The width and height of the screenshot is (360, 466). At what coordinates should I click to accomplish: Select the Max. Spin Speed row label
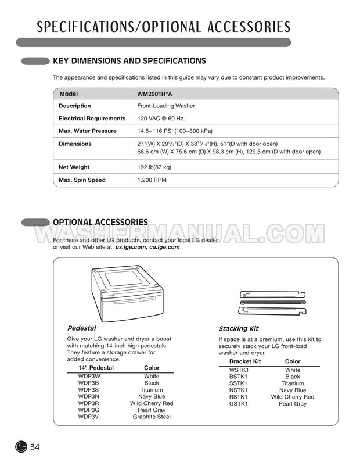(x=82, y=180)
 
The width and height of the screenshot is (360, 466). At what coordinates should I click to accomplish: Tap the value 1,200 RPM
(x=152, y=180)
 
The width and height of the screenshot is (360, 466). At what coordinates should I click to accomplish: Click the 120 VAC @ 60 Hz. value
(x=161, y=119)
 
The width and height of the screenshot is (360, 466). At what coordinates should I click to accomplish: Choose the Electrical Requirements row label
(x=92, y=119)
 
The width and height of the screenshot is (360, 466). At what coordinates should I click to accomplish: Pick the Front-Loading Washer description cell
(x=165, y=106)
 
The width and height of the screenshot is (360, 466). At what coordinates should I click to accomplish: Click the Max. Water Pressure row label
(x=87, y=131)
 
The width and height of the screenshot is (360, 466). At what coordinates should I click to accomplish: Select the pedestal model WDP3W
(x=89, y=377)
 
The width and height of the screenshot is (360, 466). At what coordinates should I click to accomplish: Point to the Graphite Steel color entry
(x=151, y=417)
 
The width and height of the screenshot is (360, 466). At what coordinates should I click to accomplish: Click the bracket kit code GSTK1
(x=239, y=404)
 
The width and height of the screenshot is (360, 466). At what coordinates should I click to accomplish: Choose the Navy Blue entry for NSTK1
(x=292, y=390)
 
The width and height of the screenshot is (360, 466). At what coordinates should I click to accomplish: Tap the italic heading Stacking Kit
(x=238, y=328)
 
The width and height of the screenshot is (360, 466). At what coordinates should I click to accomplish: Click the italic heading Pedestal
(x=81, y=328)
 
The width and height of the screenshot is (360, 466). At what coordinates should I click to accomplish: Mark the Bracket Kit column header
(x=245, y=361)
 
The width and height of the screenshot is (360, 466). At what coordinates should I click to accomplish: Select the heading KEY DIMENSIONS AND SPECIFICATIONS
(x=129, y=60)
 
